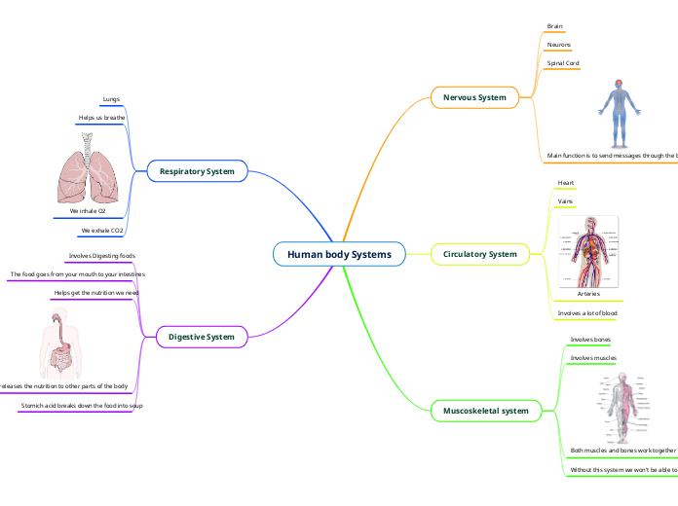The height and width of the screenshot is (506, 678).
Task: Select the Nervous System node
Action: pyautogui.click(x=474, y=97)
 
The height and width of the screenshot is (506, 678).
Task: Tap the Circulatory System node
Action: pyautogui.click(x=479, y=254)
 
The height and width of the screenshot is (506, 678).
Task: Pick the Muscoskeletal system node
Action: pyautogui.click(x=485, y=411)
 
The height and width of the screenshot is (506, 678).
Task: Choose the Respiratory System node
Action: pyautogui.click(x=197, y=171)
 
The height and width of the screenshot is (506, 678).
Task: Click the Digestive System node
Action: pyautogui.click(x=202, y=337)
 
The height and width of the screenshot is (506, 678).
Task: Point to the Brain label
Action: pyautogui.click(x=554, y=26)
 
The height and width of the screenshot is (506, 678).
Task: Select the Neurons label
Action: pyautogui.click(x=559, y=45)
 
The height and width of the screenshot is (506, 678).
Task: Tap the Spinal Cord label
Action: pyautogui.click(x=563, y=63)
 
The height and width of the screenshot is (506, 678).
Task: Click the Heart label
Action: pyautogui.click(x=565, y=183)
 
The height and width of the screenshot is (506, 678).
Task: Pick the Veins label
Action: pyautogui.click(x=564, y=201)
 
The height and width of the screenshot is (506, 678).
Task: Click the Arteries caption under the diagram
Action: pyautogui.click(x=588, y=293)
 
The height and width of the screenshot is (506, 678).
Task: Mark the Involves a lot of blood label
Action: pyautogui.click(x=586, y=313)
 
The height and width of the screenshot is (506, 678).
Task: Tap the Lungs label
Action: pyautogui.click(x=111, y=99)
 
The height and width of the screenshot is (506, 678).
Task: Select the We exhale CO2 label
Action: pyautogui.click(x=101, y=231)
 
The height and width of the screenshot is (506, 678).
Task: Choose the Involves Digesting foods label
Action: pyautogui.click(x=101, y=256)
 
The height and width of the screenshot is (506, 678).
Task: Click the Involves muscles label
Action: pyautogui.click(x=593, y=358)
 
